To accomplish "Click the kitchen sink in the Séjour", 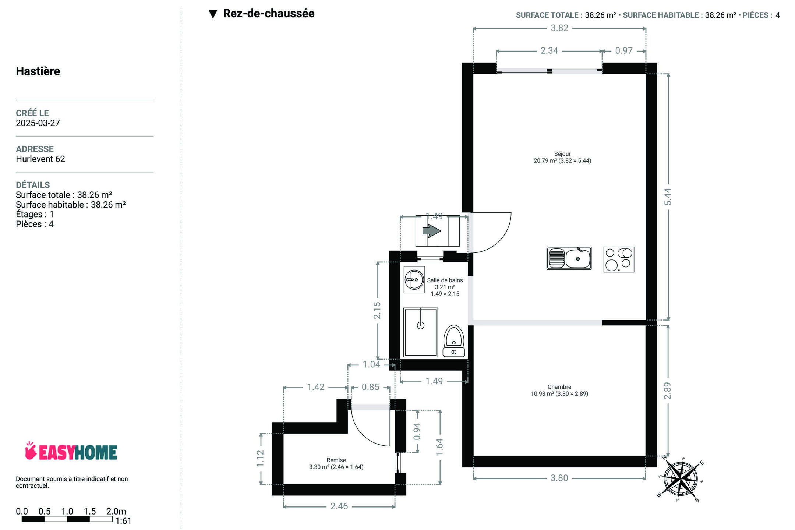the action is click(569, 258).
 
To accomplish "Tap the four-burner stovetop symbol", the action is click(619, 259).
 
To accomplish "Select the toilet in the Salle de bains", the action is click(454, 341).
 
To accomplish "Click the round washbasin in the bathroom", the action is click(414, 280).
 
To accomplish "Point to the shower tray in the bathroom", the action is click(421, 332).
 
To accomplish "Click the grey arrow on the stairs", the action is click(432, 231).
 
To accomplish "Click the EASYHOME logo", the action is click(71, 451).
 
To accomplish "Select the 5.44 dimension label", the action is click(668, 197).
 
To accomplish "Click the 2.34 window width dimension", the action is click(549, 51).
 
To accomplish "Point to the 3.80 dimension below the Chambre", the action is click(559, 478).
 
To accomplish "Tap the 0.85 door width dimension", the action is click(370, 387).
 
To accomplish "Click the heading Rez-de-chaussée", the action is click(269, 14).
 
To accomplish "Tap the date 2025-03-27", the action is click(38, 123).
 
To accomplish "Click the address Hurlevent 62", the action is click(40, 159).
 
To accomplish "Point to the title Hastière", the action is click(38, 71).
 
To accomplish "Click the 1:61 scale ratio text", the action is click(123, 521).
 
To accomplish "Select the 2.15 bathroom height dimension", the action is click(377, 310).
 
